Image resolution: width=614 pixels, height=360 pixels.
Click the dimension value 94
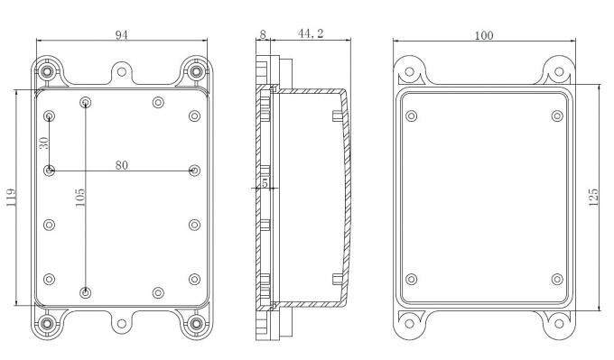[x=122, y=34]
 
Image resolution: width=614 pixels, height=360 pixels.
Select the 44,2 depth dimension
[x=311, y=33]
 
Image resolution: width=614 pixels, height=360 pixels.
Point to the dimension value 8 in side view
[x=262, y=33]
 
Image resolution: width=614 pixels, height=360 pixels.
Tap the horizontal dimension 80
[x=120, y=164]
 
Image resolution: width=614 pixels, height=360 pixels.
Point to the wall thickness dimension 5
[x=264, y=183]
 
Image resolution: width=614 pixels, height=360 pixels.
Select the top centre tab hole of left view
[x=122, y=70]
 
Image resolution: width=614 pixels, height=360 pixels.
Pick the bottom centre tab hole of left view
[x=122, y=322]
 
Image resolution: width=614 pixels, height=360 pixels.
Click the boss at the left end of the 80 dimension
[x=49, y=170]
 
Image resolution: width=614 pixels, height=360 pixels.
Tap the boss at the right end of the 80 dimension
[x=194, y=170]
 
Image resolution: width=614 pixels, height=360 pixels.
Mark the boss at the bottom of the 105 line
[x=85, y=291]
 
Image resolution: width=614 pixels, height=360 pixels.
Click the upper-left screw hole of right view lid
[x=412, y=115]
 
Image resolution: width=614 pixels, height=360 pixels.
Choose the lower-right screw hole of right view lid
[x=556, y=279]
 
